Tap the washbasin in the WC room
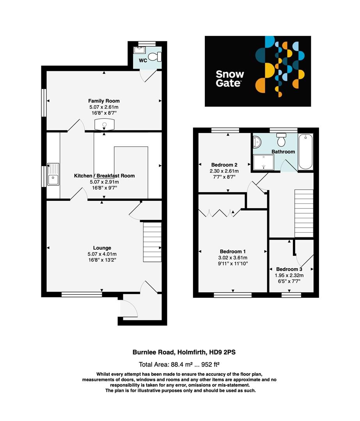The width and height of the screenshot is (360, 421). [139, 50]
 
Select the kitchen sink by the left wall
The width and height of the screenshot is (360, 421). [53, 174]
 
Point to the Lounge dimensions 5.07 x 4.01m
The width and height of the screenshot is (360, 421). [102, 255]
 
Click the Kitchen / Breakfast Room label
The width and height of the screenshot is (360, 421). [105, 176]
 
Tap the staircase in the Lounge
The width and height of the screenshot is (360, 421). [153, 242]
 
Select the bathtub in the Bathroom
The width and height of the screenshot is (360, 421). [305, 152]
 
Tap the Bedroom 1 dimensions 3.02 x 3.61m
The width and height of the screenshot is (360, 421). [233, 258]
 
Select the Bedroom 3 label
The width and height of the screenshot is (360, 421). [289, 269]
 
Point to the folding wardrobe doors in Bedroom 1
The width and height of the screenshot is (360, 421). [219, 212]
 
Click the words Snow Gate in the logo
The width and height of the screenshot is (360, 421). [230, 78]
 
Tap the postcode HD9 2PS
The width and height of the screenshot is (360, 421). [223, 352]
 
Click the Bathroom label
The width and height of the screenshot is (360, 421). [284, 152]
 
